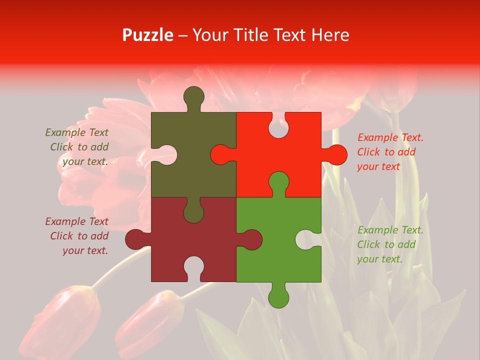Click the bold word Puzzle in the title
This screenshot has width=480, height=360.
pyautogui.click(x=148, y=35)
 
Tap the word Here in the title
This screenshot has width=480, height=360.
pyautogui.click(x=330, y=35)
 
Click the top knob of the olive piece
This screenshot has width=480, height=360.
pyautogui.click(x=194, y=97)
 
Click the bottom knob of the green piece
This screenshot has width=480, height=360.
pyautogui.click(x=278, y=295)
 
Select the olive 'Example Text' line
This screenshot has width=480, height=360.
pyautogui.click(x=76, y=132)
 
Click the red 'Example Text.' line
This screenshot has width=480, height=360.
pyautogui.click(x=390, y=137)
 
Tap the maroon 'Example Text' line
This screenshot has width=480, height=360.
pyautogui.click(x=76, y=221)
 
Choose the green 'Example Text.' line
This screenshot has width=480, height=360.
pyautogui.click(x=390, y=230)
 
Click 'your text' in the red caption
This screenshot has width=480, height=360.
pyautogui.click(x=378, y=167)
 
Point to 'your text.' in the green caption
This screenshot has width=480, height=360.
pyautogui.click(x=379, y=259)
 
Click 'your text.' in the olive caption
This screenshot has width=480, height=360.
pyautogui.click(x=85, y=161)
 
